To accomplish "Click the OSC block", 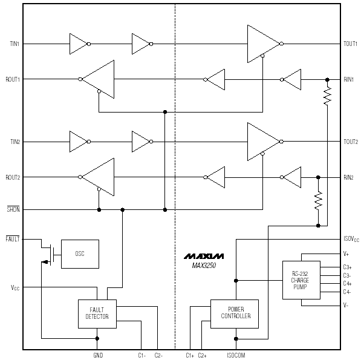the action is (x=80, y=254).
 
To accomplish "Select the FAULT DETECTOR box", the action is (x=97, y=313).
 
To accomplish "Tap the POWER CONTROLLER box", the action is (x=235, y=313).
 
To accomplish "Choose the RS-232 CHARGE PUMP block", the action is (x=301, y=280).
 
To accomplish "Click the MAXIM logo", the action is (x=204, y=256).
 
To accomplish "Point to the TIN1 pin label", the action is (x=15, y=44).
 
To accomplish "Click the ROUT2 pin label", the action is (x=13, y=177).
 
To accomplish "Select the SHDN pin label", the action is (x=13, y=209).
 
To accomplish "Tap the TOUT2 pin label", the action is (x=351, y=142).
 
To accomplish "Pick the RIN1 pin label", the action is (x=348, y=79).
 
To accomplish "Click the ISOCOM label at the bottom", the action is (x=236, y=355).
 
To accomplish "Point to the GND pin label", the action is (x=98, y=355).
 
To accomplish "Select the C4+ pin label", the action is (x=347, y=283).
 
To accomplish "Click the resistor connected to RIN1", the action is (x=327, y=96).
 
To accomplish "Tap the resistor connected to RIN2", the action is (x=318, y=201).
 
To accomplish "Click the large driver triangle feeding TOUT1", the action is (x=264, y=44).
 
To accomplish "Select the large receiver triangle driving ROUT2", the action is (x=98, y=177).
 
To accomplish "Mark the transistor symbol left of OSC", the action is (x=50, y=255).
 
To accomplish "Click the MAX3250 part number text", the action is (x=204, y=266).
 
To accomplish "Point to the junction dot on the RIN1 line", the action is (x=327, y=80).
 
